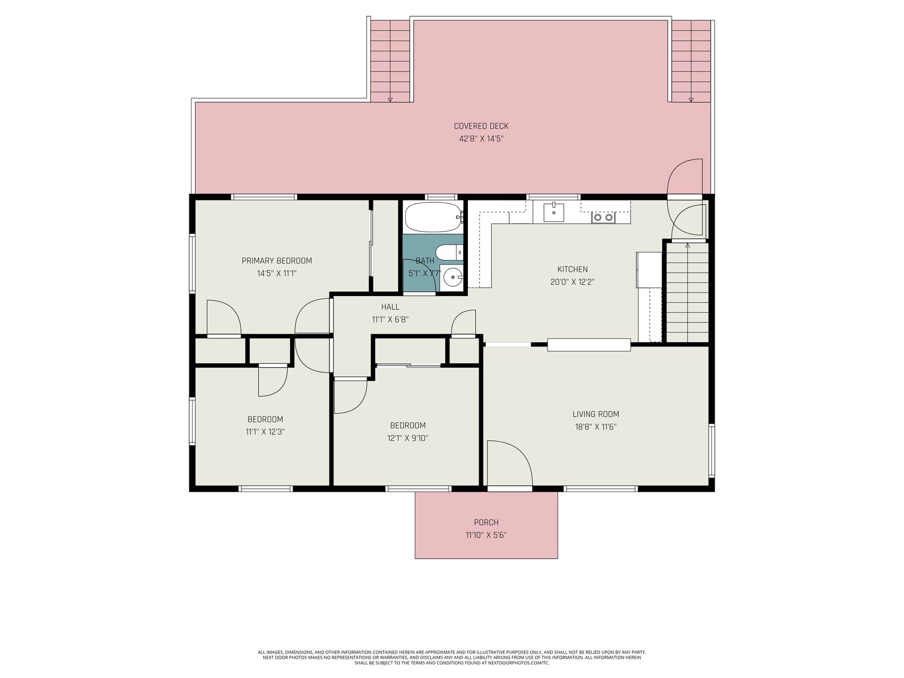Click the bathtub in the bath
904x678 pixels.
[x=434, y=217]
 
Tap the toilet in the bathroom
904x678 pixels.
[x=449, y=252]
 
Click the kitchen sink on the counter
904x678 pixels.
[x=554, y=212]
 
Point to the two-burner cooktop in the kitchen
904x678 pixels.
[x=603, y=218]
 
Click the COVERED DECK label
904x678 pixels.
[x=481, y=126]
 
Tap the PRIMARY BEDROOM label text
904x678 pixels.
[x=277, y=260]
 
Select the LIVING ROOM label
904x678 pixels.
[x=596, y=414]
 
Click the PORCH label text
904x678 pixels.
[x=486, y=523]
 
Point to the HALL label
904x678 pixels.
[x=390, y=307]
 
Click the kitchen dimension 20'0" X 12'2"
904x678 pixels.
[x=572, y=282]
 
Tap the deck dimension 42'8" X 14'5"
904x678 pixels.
[x=481, y=139]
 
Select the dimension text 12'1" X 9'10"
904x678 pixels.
[x=408, y=438]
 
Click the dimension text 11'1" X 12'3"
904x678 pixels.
[x=265, y=432]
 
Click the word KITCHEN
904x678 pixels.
[x=572, y=270]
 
